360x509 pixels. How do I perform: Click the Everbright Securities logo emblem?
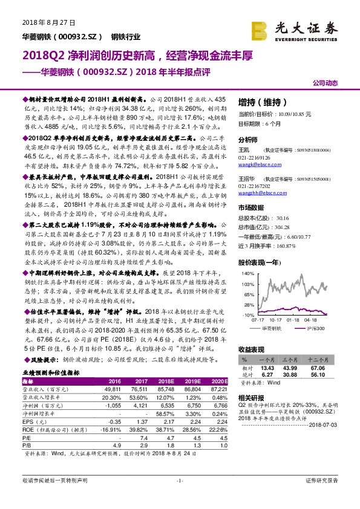261,29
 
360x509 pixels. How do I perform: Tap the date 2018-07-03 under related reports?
332,426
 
